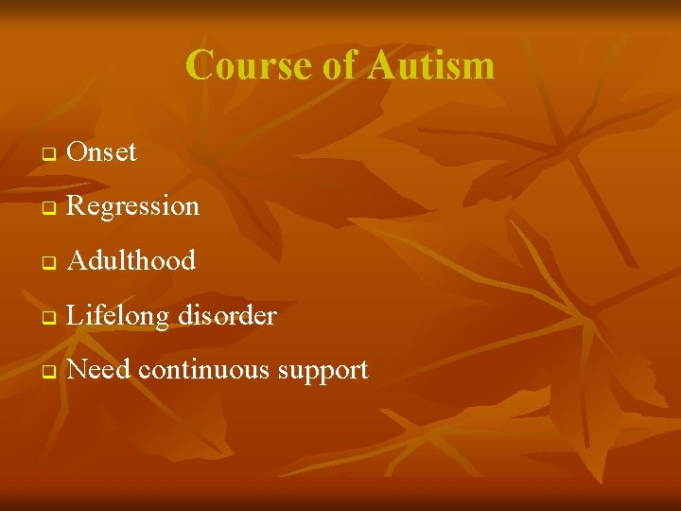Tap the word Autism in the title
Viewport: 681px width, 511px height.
pyautogui.click(x=431, y=65)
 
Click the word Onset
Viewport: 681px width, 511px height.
pyautogui.click(x=102, y=151)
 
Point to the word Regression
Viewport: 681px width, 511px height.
pyautogui.click(x=133, y=206)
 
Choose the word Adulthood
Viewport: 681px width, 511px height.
pyautogui.click(x=131, y=260)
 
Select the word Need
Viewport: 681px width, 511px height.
pyautogui.click(x=99, y=370)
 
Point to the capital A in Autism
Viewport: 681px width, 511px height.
pyautogui.click(x=382, y=65)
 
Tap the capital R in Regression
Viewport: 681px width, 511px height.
pyautogui.click(x=78, y=205)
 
